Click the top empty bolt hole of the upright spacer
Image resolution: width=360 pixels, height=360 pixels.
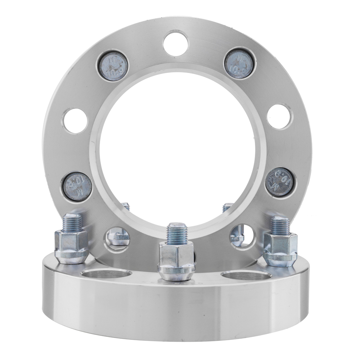pos(176,43)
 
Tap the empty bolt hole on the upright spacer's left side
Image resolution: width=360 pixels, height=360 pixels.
pos(75,121)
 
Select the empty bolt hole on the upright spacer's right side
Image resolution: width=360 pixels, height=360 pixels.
pos(280,116)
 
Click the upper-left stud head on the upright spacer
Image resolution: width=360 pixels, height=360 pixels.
pos(112,66)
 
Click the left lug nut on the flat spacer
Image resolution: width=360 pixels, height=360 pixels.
pos(71,247)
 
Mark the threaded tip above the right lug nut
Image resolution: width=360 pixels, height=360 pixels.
pos(280,225)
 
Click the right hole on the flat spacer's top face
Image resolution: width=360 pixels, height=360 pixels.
pos(246,276)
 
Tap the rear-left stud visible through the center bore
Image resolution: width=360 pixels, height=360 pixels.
pos(126,206)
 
